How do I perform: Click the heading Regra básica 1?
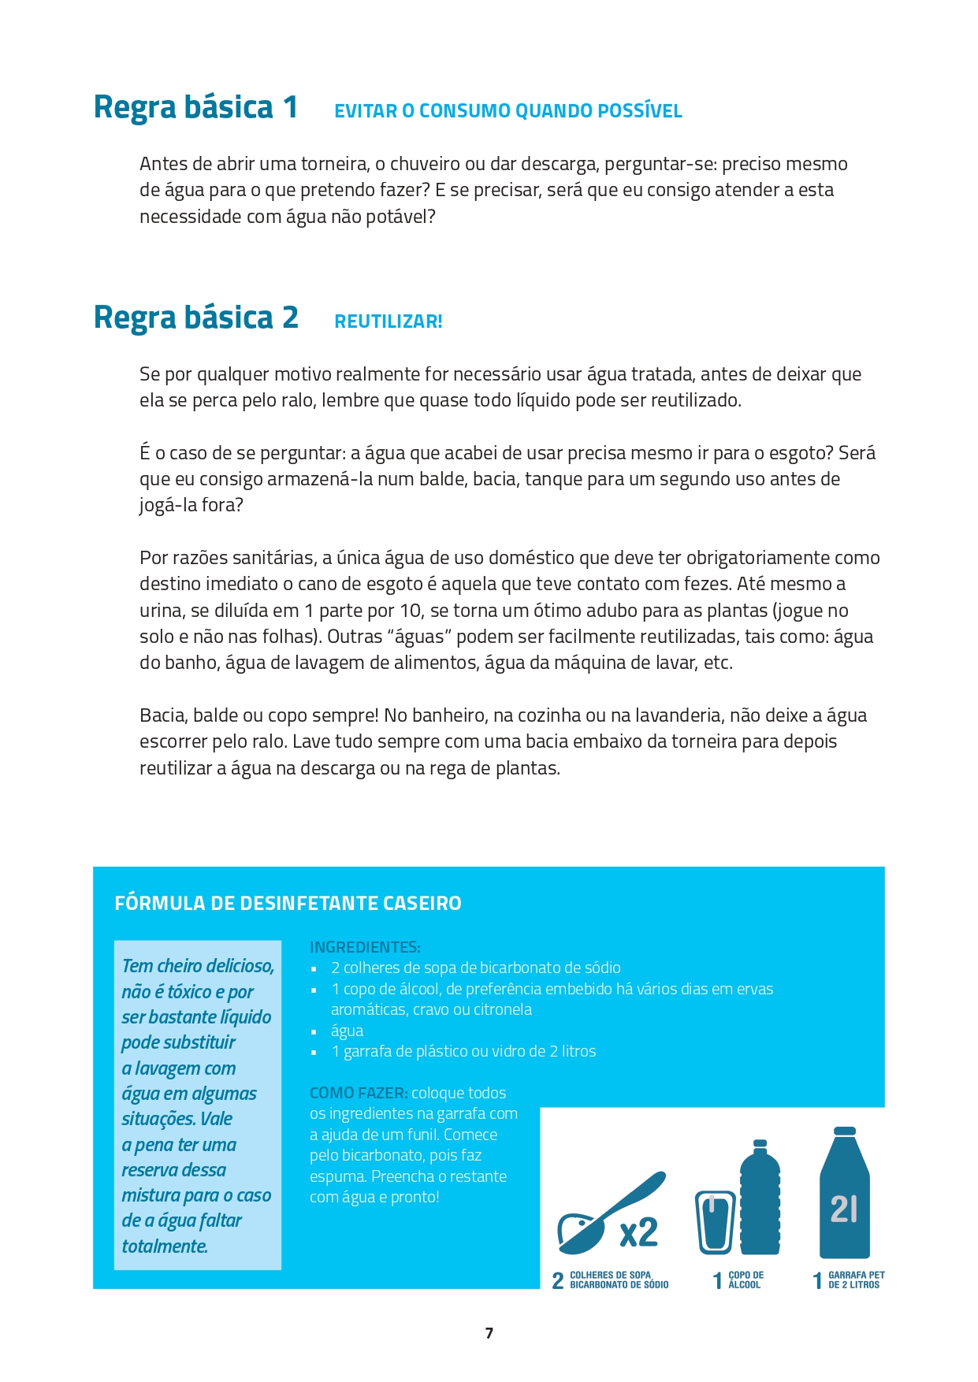(x=195, y=108)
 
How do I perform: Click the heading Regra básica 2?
(x=195, y=318)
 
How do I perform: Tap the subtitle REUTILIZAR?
(x=389, y=321)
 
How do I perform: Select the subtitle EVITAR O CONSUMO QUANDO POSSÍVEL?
(x=508, y=111)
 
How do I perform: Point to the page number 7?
(x=489, y=1333)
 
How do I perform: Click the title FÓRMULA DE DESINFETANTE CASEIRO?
(x=288, y=903)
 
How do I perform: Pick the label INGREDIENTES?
(x=365, y=947)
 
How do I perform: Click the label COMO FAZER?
(x=359, y=1093)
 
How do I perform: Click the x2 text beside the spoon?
(x=638, y=1232)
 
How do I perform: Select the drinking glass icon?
(x=715, y=1222)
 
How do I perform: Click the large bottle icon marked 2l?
(x=844, y=1194)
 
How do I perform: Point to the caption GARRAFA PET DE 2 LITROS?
(x=856, y=1280)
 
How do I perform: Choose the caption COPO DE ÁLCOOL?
(x=746, y=1280)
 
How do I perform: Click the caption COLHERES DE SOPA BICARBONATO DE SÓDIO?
(x=619, y=1280)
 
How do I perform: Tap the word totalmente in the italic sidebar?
(x=165, y=1246)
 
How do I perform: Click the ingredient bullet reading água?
(x=347, y=1031)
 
